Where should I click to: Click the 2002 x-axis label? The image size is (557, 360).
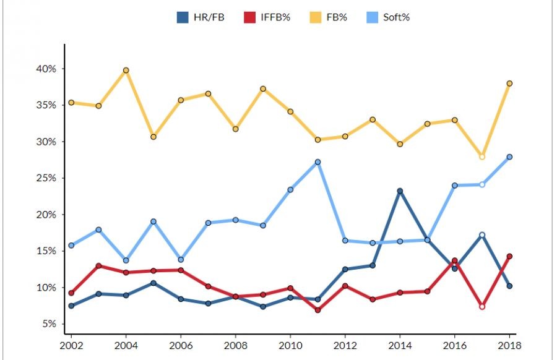(71, 344)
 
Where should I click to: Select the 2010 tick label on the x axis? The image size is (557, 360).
(290, 344)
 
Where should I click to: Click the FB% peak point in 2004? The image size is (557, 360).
(126, 71)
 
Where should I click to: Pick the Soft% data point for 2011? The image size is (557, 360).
(317, 162)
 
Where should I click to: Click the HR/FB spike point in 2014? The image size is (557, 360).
(400, 191)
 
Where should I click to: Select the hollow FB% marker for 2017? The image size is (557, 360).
(482, 156)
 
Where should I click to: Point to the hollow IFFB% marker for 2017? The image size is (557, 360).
(482, 306)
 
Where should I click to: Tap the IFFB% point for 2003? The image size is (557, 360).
(99, 266)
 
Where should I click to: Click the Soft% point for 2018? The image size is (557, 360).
(509, 157)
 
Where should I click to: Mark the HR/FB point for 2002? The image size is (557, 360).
(71, 306)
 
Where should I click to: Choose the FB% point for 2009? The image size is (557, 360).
(263, 88)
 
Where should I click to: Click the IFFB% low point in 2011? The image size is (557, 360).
(317, 310)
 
